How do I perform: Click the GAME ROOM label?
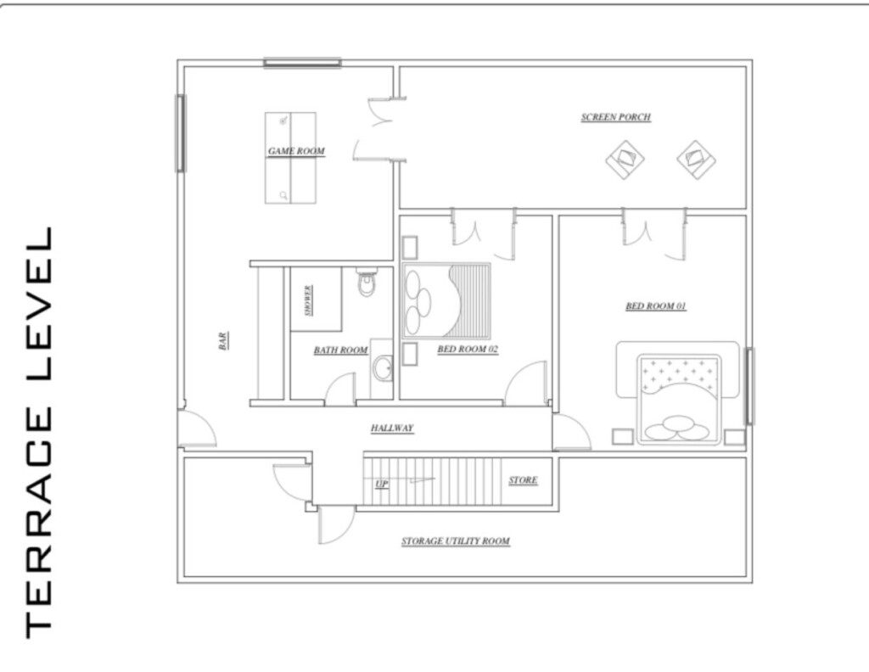tap(296, 151)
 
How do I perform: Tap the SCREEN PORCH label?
tap(616, 117)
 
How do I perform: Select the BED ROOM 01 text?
tap(656, 305)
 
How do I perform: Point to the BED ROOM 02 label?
tap(468, 349)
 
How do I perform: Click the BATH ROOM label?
tap(341, 350)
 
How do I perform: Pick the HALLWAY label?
tap(392, 428)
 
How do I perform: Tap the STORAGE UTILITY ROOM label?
tap(456, 540)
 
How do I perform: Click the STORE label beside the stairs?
tap(523, 480)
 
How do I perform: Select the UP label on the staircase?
tap(381, 484)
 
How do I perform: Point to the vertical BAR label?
tap(223, 341)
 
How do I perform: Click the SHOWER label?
tap(308, 301)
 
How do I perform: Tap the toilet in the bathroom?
tap(367, 282)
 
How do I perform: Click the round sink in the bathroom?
tap(383, 369)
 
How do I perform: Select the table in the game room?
tap(290, 159)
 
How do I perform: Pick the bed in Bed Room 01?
tap(680, 399)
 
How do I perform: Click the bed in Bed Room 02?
tap(446, 301)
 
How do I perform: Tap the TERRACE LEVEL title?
tap(39, 433)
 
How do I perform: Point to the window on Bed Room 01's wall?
tap(749, 386)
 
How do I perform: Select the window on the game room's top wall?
tap(302, 63)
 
